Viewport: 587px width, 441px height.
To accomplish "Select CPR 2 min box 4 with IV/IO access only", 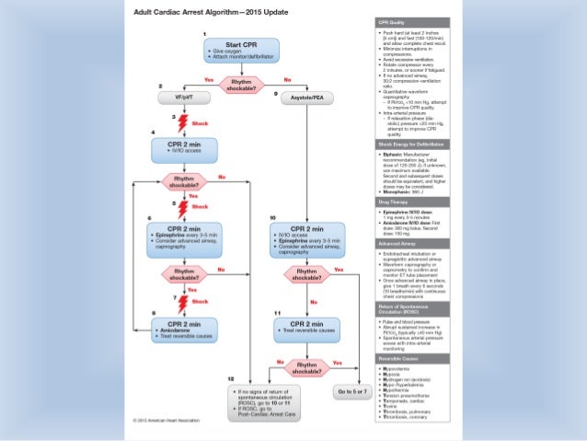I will [x=185, y=150].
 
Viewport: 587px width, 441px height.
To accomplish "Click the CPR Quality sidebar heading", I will [x=393, y=21].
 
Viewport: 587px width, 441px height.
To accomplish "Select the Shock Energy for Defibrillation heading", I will [x=413, y=144].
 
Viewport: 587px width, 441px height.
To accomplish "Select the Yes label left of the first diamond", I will [x=209, y=79].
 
